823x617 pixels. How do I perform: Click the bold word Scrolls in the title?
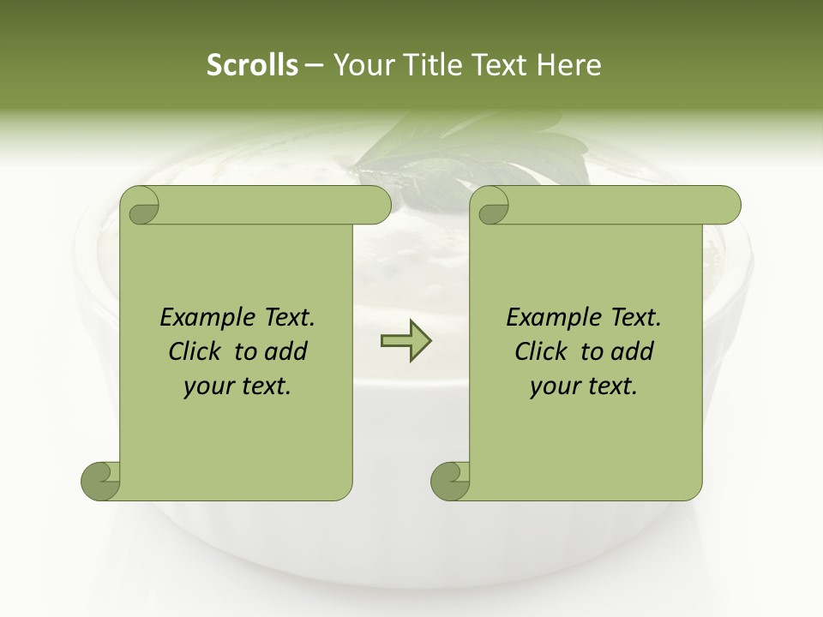coord(253,65)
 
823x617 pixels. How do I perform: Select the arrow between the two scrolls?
coord(405,341)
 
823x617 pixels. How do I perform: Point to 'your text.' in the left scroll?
coord(237,386)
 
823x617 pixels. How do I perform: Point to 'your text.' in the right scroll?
coord(584,386)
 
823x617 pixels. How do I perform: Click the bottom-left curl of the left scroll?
coord(99,481)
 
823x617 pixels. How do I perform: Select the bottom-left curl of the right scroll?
coord(449,481)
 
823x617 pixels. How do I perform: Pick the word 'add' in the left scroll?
coord(286,351)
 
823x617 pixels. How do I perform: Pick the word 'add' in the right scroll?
coord(633,351)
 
